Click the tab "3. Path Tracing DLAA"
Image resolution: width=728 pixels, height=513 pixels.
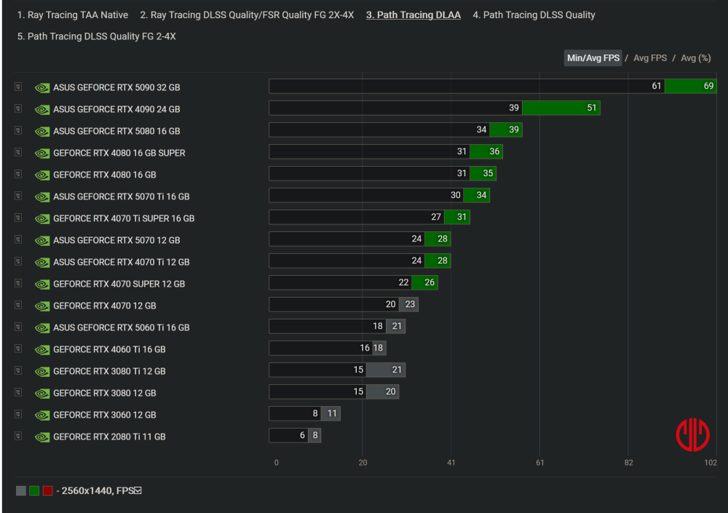(413, 15)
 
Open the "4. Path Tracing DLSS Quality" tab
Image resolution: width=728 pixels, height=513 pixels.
(534, 15)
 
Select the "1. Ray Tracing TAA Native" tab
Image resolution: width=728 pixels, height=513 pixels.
(73, 15)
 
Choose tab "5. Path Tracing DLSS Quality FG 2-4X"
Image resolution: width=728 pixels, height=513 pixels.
(96, 36)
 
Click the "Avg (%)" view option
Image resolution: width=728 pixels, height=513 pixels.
(695, 58)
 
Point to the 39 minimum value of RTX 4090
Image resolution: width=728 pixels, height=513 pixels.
(514, 108)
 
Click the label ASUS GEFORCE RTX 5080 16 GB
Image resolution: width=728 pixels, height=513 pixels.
(116, 131)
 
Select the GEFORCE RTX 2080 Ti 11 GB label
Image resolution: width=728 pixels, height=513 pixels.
(109, 437)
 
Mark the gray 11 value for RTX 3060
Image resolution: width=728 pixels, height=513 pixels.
(332, 414)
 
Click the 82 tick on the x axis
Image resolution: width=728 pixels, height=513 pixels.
(628, 463)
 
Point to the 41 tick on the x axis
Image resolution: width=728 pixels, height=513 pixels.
(451, 463)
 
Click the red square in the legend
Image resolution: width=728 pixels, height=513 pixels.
(47, 491)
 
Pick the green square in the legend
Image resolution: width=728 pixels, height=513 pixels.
(34, 491)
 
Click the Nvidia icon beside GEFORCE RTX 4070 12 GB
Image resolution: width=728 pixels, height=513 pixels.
(42, 306)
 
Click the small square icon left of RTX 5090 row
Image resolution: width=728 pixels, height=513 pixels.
(18, 87)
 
